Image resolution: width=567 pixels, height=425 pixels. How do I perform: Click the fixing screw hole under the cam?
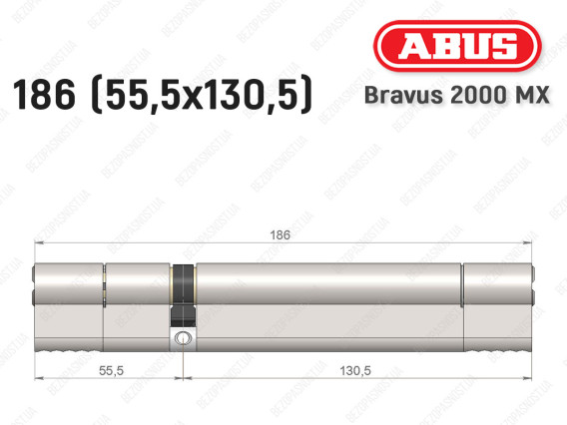pyautogui.click(x=183, y=340)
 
